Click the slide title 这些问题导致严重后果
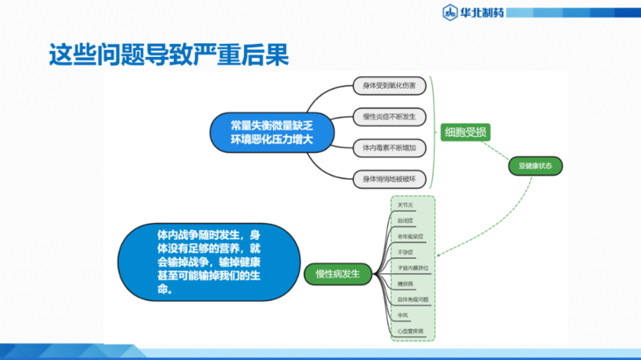click(168, 54)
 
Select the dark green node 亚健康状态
click(535, 166)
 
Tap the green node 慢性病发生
click(338, 274)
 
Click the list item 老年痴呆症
click(409, 237)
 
